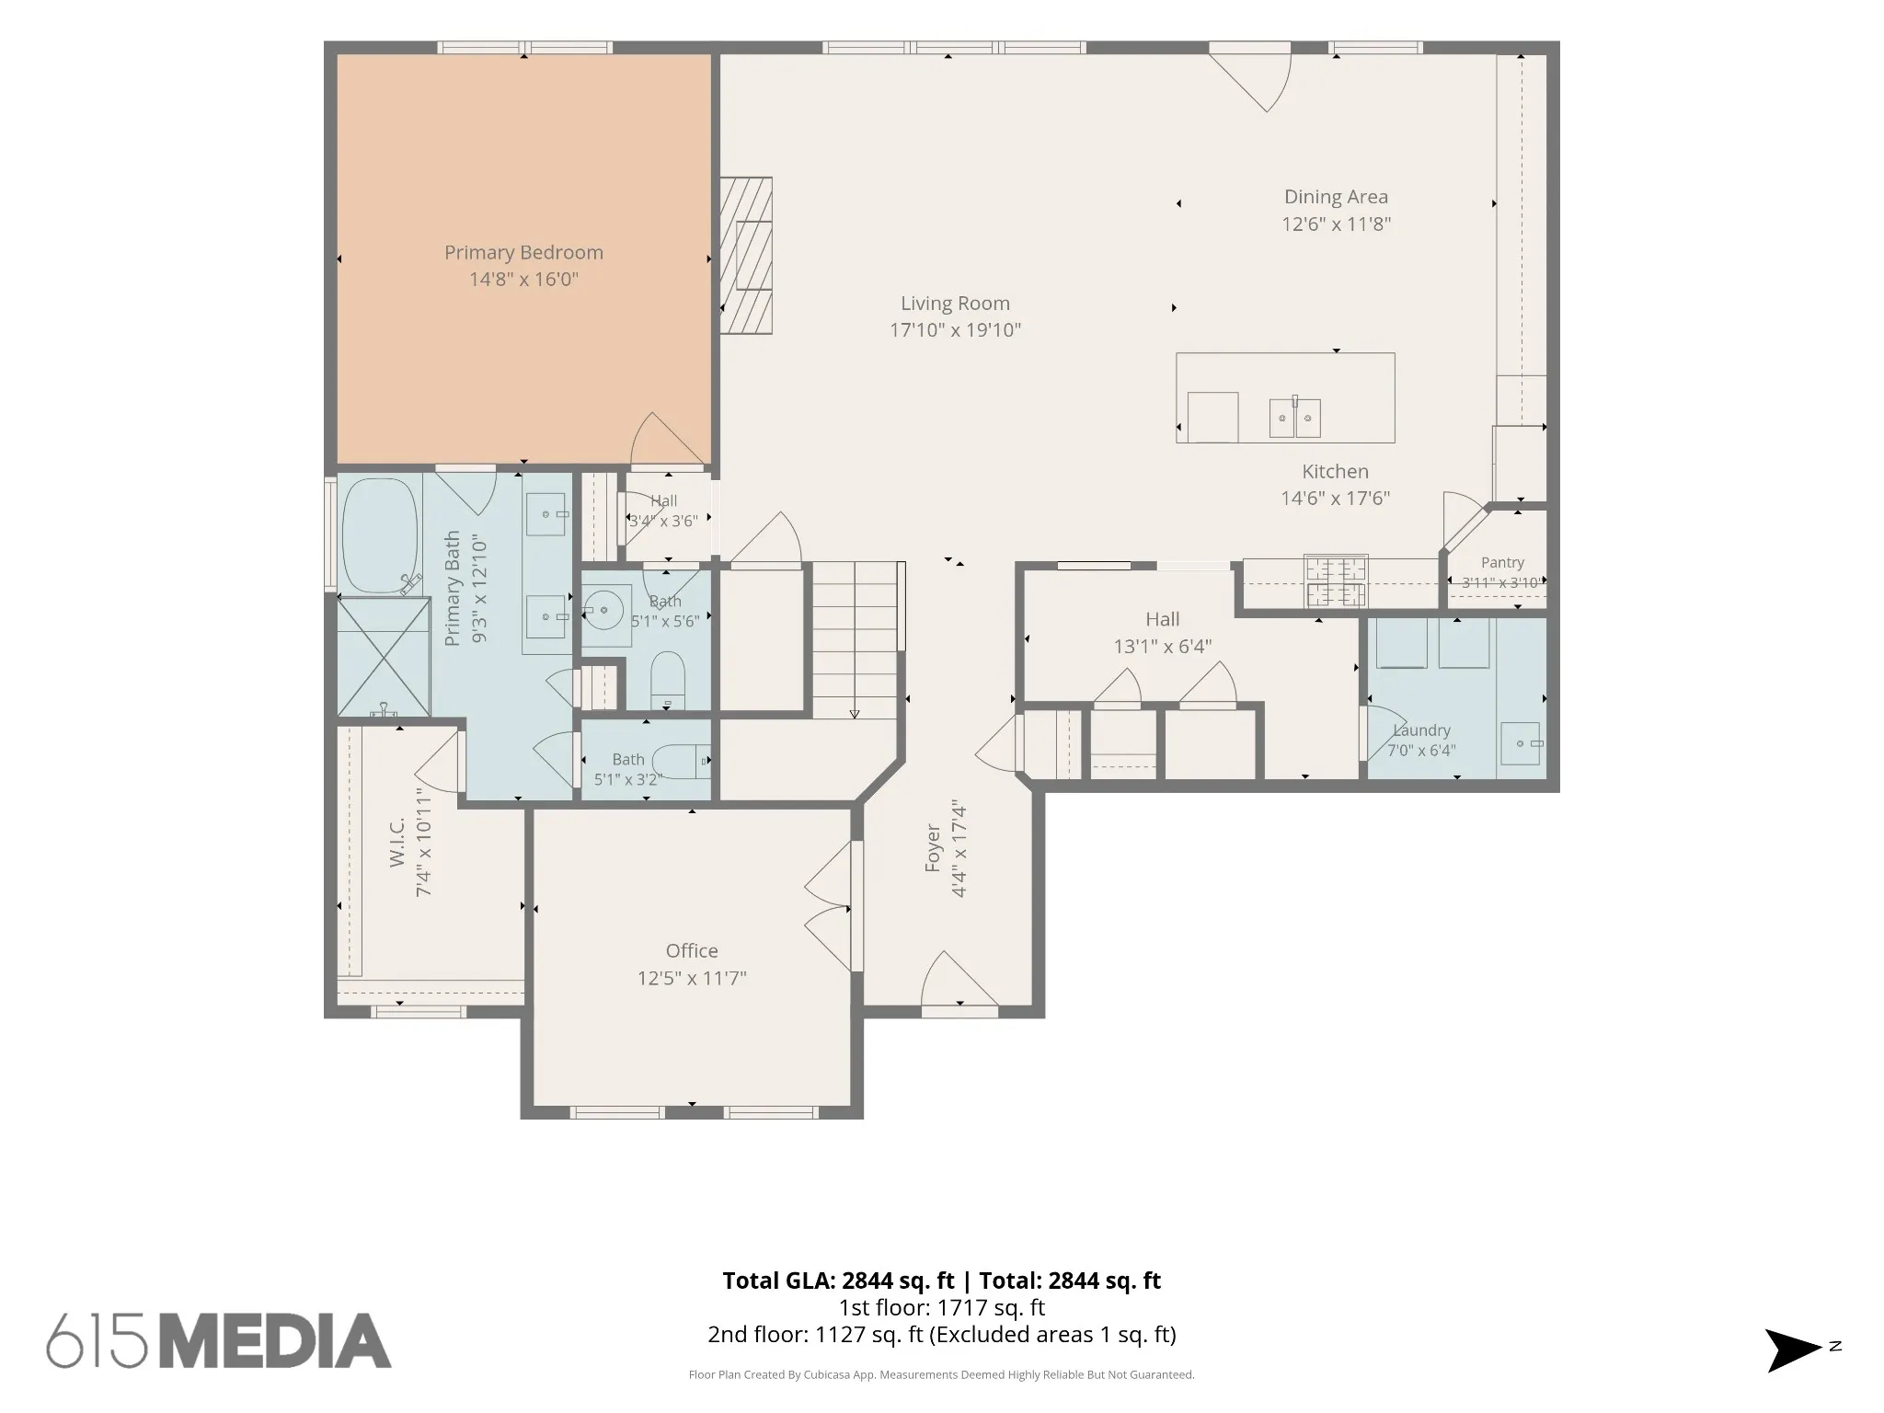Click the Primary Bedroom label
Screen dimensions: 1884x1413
coord(523,252)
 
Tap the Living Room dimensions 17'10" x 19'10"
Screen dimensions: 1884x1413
coord(955,330)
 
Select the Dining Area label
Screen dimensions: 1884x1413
coord(1336,197)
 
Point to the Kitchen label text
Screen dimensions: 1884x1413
coord(1335,471)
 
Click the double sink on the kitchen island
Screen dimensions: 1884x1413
coord(1295,418)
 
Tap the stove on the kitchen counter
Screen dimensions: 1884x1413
coord(1336,581)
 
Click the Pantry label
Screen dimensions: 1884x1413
coord(1502,562)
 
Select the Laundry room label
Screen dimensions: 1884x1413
coord(1421,730)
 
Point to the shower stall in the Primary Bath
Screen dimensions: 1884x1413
coord(384,656)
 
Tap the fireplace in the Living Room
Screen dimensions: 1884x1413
coord(745,255)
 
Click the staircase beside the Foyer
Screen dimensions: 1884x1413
coord(855,640)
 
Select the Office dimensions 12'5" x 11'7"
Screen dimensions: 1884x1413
coord(692,978)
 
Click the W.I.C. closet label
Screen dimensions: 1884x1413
coord(397,842)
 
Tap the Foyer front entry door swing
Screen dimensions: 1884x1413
coord(959,981)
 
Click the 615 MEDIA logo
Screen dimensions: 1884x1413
coord(219,1340)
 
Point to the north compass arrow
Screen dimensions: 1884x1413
coord(1793,1350)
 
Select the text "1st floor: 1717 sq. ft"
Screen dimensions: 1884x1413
coord(941,1307)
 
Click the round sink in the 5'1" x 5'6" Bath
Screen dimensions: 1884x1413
coord(604,608)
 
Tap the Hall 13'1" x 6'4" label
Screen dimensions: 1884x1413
coord(1163,633)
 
